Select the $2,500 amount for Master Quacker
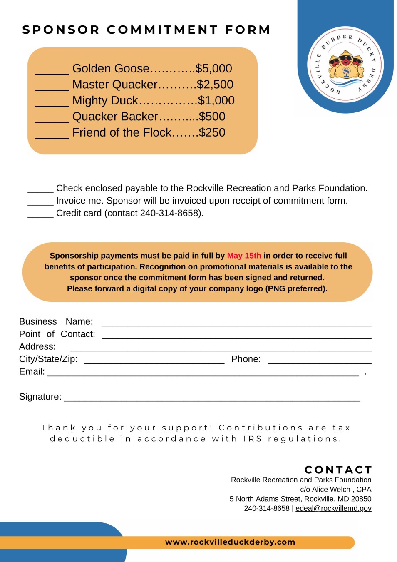215,85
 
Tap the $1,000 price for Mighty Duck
216,101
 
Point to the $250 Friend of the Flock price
212,133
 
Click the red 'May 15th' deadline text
244,256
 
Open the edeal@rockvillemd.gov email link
333,508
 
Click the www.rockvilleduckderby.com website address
230,542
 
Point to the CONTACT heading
338,470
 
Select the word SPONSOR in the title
61,30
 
